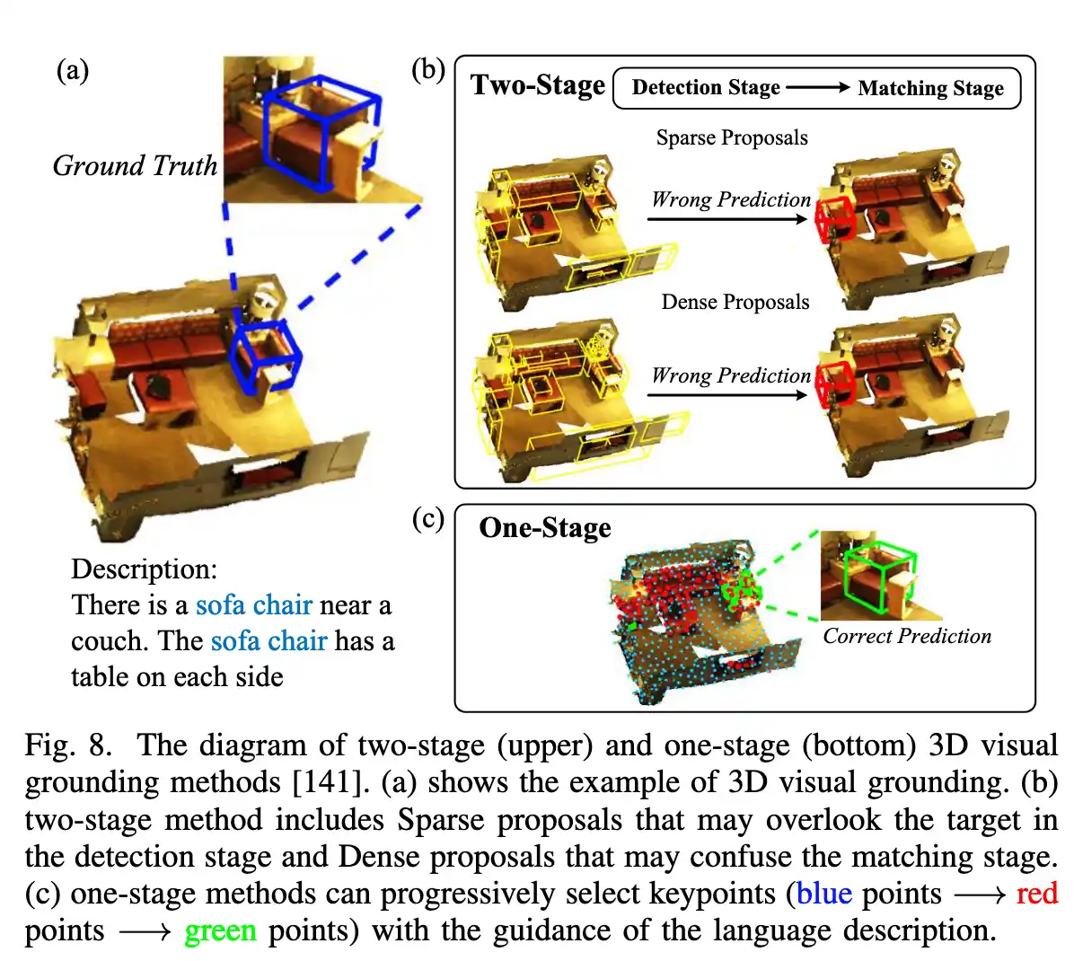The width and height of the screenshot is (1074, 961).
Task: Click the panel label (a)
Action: pyautogui.click(x=73, y=71)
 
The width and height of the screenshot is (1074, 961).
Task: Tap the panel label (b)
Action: pyautogui.click(x=428, y=70)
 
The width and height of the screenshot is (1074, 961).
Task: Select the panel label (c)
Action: pyautogui.click(x=428, y=518)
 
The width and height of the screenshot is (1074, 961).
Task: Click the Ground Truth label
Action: pyautogui.click(x=135, y=166)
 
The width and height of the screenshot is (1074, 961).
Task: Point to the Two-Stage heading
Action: pyautogui.click(x=538, y=85)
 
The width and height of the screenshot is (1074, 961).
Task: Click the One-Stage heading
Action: pyautogui.click(x=545, y=527)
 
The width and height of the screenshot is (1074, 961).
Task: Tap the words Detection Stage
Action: pyautogui.click(x=706, y=88)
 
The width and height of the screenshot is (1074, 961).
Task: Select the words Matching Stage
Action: pyautogui.click(x=931, y=88)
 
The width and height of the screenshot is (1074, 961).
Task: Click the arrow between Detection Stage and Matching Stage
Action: pyautogui.click(x=818, y=87)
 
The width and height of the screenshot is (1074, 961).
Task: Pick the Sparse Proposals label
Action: pyautogui.click(x=732, y=137)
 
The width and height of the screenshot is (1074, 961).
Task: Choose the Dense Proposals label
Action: pyautogui.click(x=735, y=302)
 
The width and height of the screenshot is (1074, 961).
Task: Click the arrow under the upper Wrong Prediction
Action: pyautogui.click(x=727, y=219)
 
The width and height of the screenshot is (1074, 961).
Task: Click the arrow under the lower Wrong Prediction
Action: pyautogui.click(x=727, y=394)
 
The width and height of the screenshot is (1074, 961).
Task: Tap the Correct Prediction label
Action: pyautogui.click(x=907, y=637)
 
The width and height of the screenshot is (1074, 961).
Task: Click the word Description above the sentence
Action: pyautogui.click(x=144, y=569)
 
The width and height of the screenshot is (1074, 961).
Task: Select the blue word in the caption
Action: pyautogui.click(x=824, y=894)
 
